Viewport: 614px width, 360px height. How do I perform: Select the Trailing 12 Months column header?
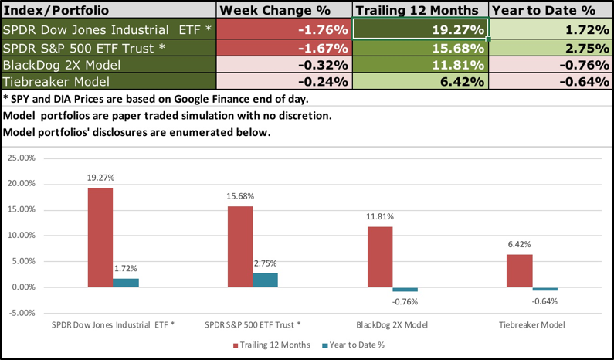(421, 11)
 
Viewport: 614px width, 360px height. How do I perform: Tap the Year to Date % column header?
(550, 11)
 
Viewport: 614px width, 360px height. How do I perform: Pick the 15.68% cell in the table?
(421, 48)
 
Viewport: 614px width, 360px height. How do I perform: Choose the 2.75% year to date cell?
(550, 48)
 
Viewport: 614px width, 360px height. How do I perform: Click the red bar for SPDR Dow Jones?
(100, 237)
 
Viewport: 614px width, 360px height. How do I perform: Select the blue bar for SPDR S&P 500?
(265, 280)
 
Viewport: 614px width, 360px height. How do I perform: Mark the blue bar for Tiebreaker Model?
(544, 289)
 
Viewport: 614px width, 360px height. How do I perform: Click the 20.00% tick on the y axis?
(20, 184)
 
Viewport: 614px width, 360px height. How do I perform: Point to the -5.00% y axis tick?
(20, 313)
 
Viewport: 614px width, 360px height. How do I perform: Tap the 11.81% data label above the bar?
(379, 218)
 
